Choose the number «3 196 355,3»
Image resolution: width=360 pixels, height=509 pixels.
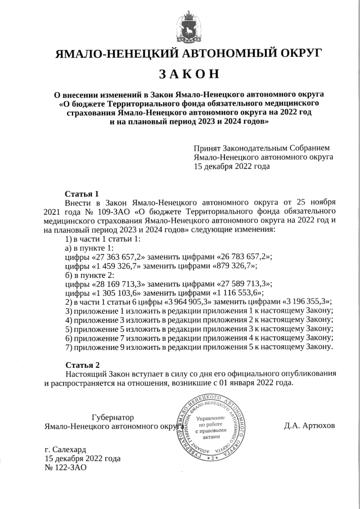click(305, 301)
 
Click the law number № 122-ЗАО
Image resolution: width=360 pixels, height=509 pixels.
click(65, 468)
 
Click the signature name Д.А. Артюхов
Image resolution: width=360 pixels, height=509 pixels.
click(309, 426)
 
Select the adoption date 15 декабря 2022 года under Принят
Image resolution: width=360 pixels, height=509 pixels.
click(231, 167)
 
